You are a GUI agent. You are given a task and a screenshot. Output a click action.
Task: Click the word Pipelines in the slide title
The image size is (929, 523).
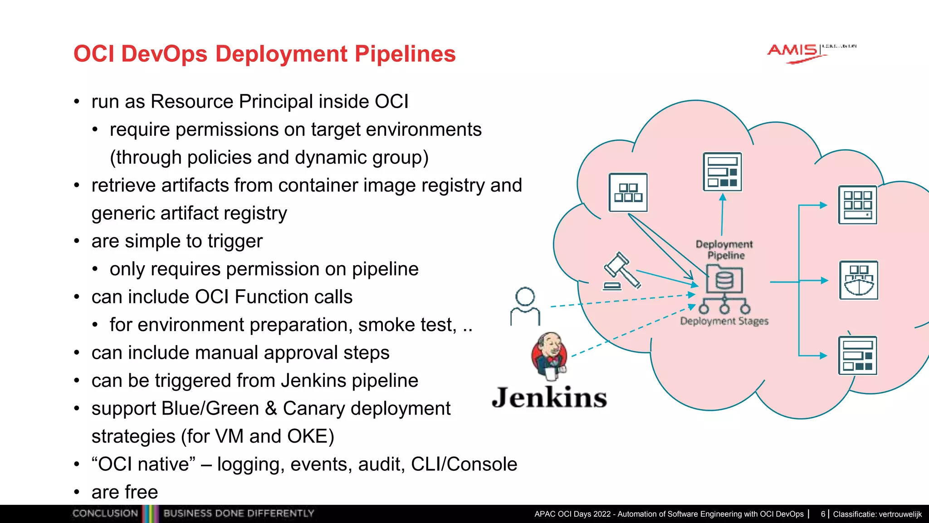point(405,54)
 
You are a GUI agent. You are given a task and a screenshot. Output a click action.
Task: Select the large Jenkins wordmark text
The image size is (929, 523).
point(549,397)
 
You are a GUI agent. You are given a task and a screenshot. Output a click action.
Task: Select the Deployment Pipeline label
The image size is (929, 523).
point(724,250)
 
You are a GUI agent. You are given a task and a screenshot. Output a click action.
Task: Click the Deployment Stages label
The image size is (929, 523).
point(724,321)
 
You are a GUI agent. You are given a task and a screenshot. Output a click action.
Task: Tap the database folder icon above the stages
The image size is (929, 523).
point(724,279)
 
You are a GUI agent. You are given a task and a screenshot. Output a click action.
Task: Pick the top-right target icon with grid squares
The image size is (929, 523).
point(857,205)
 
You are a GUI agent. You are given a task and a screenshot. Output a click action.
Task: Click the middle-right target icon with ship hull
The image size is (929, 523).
point(858,280)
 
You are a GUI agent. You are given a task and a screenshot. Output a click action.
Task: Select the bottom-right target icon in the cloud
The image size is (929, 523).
point(857,355)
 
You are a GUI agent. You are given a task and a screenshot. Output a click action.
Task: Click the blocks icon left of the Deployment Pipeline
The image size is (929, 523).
point(628,192)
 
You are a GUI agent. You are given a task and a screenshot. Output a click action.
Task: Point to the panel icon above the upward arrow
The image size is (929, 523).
point(722,172)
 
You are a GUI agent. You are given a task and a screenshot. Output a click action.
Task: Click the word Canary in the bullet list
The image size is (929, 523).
point(313,409)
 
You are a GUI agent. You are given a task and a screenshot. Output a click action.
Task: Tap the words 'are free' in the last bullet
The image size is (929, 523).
point(125,492)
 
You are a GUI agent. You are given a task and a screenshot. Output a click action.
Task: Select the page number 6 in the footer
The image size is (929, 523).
point(823,514)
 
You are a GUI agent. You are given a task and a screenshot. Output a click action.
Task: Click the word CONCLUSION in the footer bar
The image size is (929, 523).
point(105,513)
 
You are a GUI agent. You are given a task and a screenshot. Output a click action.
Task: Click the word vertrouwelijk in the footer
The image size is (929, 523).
point(900,514)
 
